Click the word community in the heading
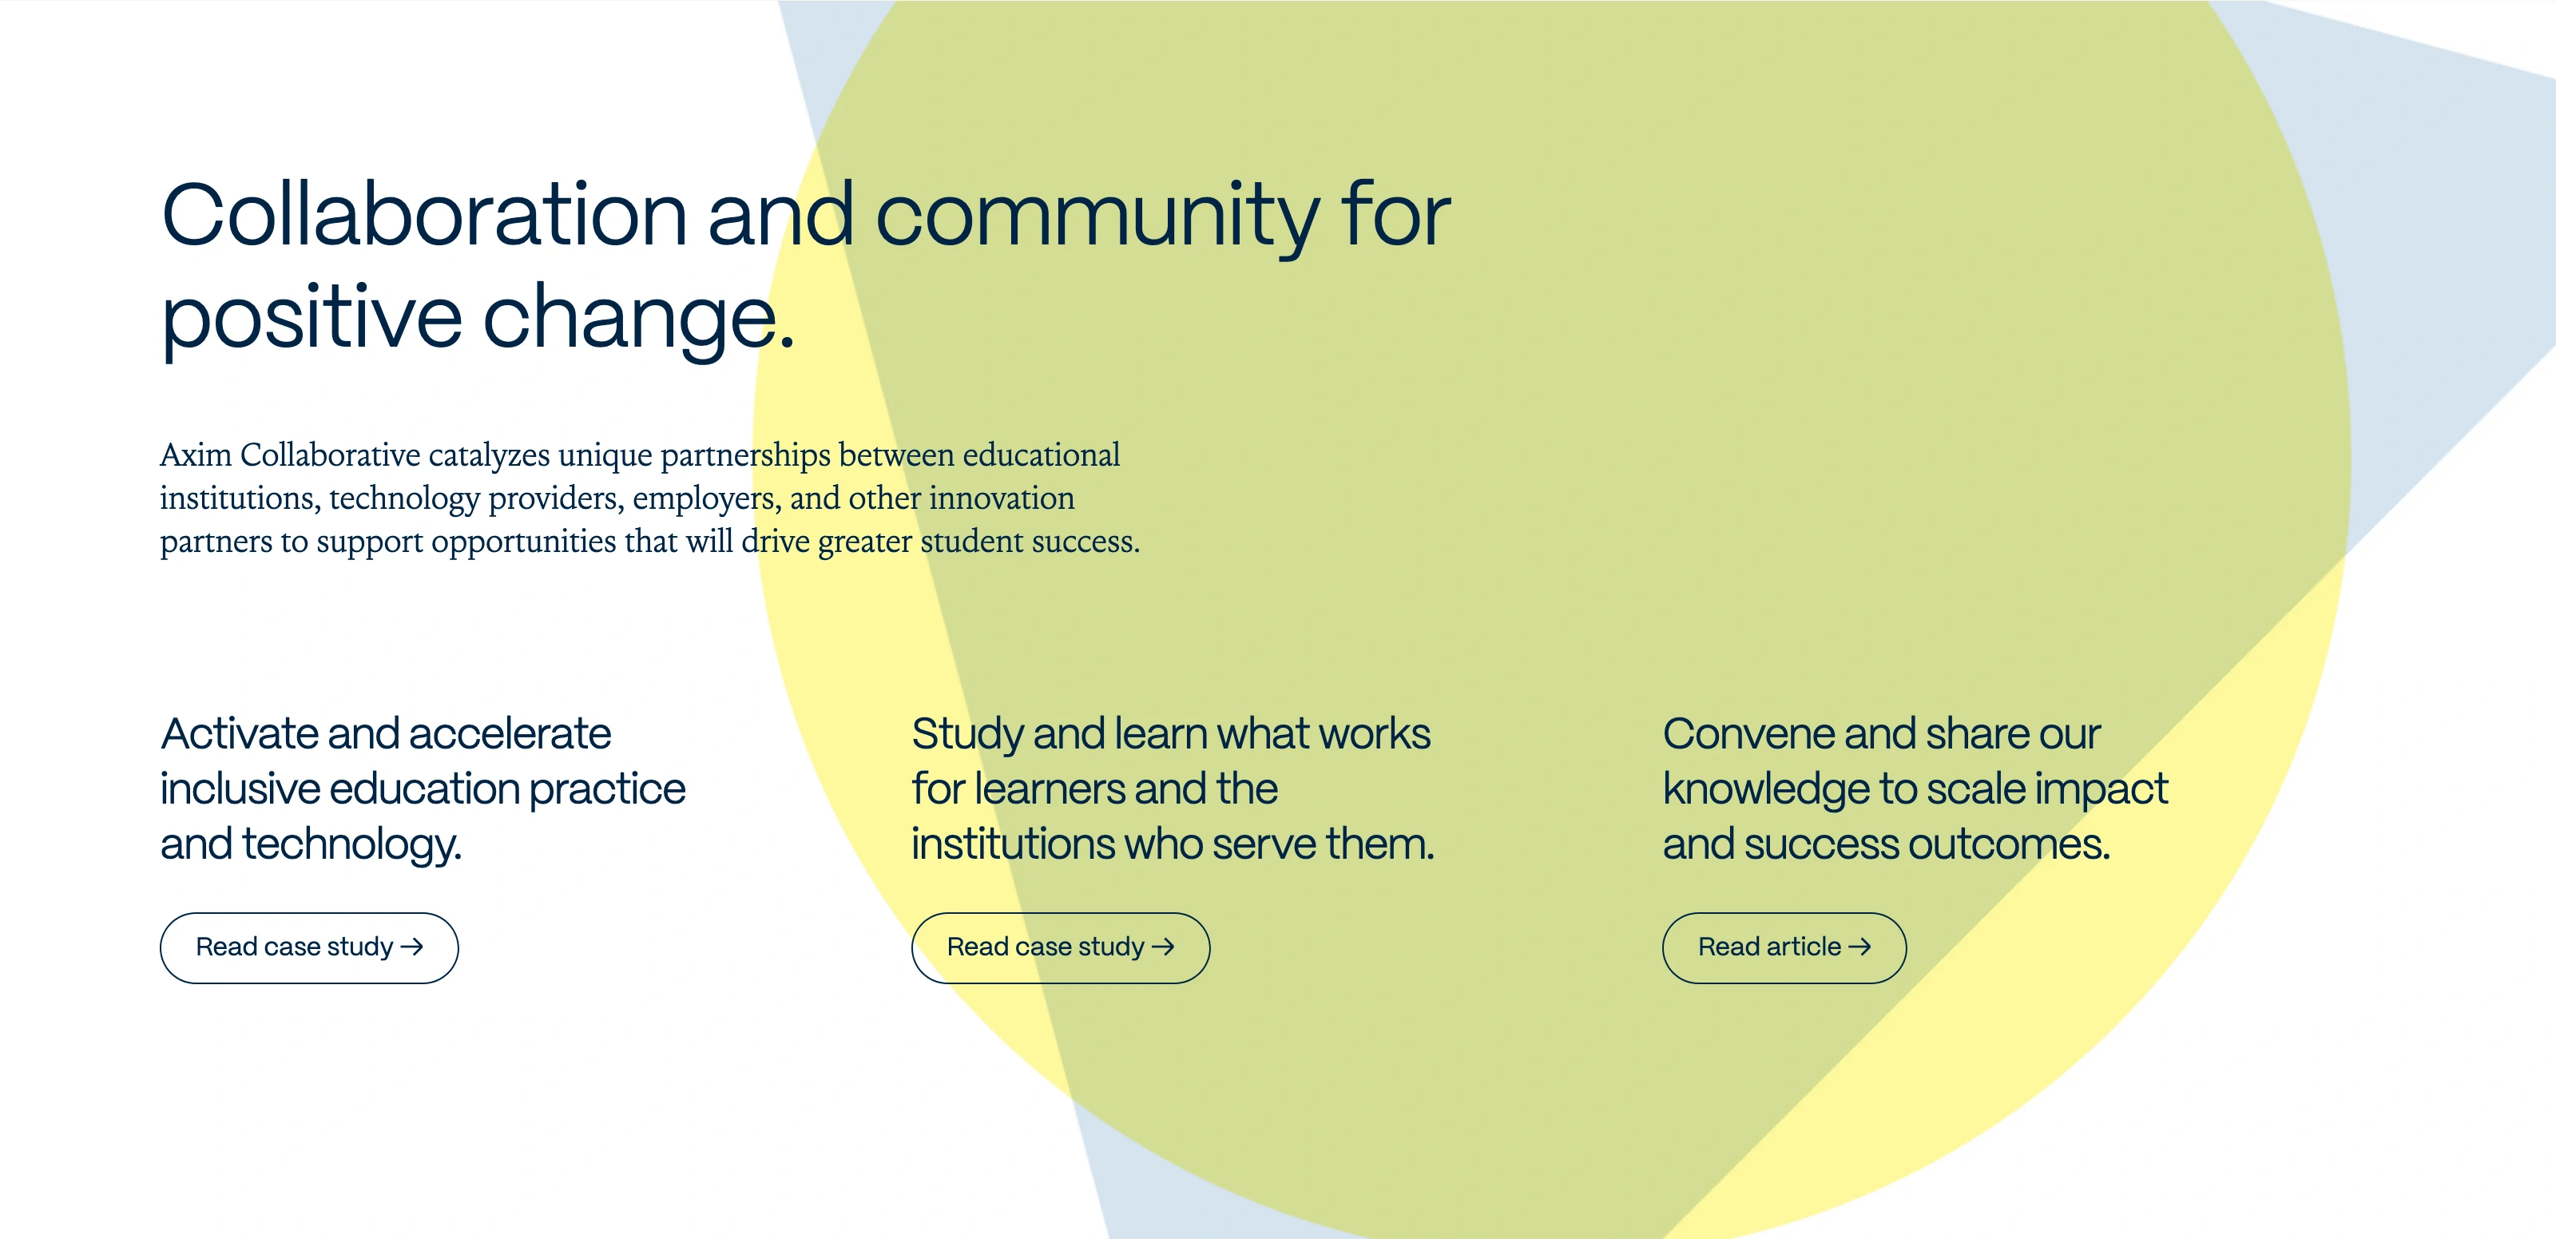pos(1097,216)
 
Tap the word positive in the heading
pos(311,320)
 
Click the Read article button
pos(1783,947)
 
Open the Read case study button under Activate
pos(308,947)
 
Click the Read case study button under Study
pos(1060,947)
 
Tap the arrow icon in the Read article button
pos(1859,947)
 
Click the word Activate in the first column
pos(238,734)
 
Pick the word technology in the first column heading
pos(351,844)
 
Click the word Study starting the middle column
pos(966,734)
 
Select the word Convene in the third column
pos(1748,734)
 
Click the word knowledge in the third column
pos(1766,789)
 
